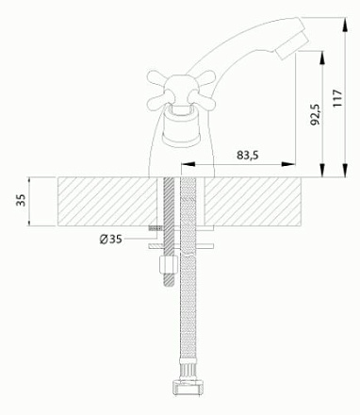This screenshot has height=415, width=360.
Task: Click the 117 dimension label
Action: point(337,98)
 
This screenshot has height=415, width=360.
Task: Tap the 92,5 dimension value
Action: point(315,115)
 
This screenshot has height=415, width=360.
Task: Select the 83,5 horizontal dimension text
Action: point(248,155)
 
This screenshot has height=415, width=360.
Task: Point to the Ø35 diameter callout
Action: point(110,240)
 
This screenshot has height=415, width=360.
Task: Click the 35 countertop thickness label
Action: point(21,200)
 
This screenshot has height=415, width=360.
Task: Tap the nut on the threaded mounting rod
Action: point(168,265)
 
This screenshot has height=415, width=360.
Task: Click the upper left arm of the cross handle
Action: point(157,78)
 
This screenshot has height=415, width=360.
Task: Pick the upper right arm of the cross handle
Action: point(205,78)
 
